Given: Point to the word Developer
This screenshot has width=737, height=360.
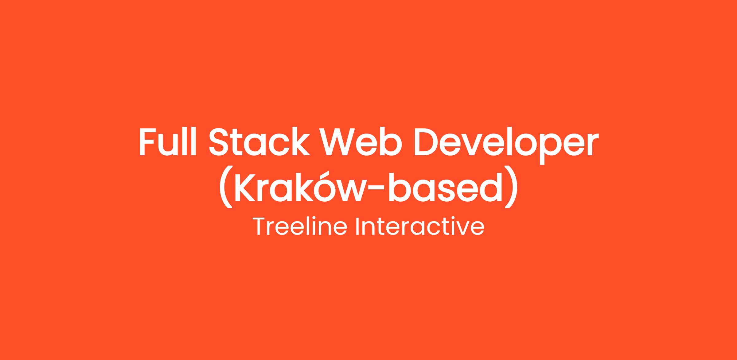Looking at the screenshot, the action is [506, 145].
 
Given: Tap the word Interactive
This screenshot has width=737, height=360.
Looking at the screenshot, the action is [420, 226].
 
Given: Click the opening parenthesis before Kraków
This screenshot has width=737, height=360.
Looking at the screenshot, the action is [225, 187].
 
